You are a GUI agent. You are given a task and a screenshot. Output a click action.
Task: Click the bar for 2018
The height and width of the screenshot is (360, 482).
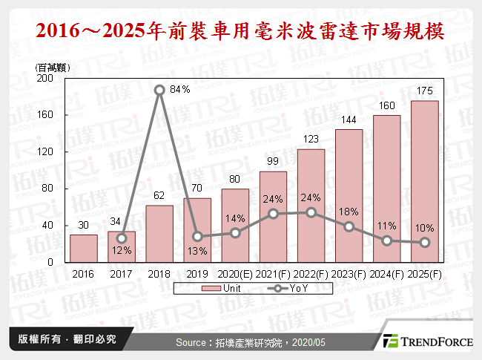[x=159, y=234]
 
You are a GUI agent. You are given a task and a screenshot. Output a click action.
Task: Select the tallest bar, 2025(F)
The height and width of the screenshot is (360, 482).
[x=425, y=182]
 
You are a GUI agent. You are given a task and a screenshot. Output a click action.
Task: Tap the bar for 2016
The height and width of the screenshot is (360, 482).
[x=84, y=249]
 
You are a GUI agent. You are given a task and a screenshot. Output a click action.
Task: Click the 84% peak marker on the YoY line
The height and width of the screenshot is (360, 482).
[x=159, y=90]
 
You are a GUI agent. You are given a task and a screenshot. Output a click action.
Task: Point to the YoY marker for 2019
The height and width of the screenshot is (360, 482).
[x=197, y=238]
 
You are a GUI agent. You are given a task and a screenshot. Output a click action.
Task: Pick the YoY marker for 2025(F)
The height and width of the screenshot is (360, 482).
[x=425, y=243]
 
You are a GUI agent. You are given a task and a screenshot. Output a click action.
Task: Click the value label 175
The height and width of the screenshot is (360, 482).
[x=425, y=91]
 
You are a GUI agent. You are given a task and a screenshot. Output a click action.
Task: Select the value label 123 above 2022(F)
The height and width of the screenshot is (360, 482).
[x=311, y=139]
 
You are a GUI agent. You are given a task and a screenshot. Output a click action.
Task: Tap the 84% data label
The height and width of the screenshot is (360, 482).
[x=181, y=89]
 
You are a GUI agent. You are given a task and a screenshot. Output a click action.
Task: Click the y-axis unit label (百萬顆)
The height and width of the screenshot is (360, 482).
[x=51, y=67]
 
